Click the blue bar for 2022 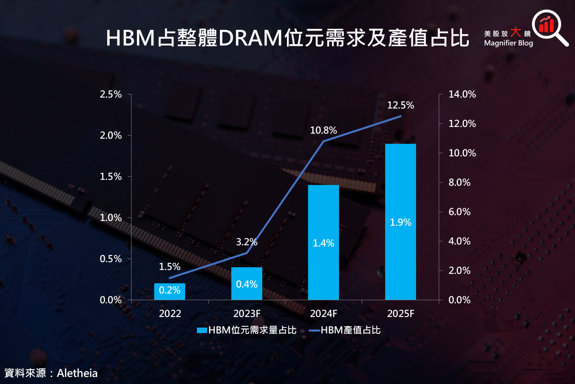pyautogui.click(x=169, y=292)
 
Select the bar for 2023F pyautogui.click(x=247, y=284)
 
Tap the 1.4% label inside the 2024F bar pyautogui.click(x=323, y=243)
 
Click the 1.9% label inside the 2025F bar pyautogui.click(x=400, y=222)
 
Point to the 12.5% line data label pyautogui.click(x=400, y=105)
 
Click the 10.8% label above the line pyautogui.click(x=323, y=130)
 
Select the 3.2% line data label pyautogui.click(x=247, y=242)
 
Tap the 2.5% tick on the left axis pyautogui.click(x=111, y=94)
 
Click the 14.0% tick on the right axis pyautogui.click(x=462, y=94)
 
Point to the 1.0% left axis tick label pyautogui.click(x=111, y=218)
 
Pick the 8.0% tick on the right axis pyautogui.click(x=460, y=183)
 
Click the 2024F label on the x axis pyautogui.click(x=323, y=313)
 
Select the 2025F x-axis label pyautogui.click(x=400, y=313)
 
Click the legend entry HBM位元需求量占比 pyautogui.click(x=247, y=330)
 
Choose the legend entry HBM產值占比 pyautogui.click(x=344, y=330)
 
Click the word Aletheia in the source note pyautogui.click(x=77, y=373)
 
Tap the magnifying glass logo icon pyautogui.click(x=549, y=27)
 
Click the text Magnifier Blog pyautogui.click(x=508, y=43)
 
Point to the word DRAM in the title pyautogui.click(x=251, y=38)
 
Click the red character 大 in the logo pyautogui.click(x=516, y=32)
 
